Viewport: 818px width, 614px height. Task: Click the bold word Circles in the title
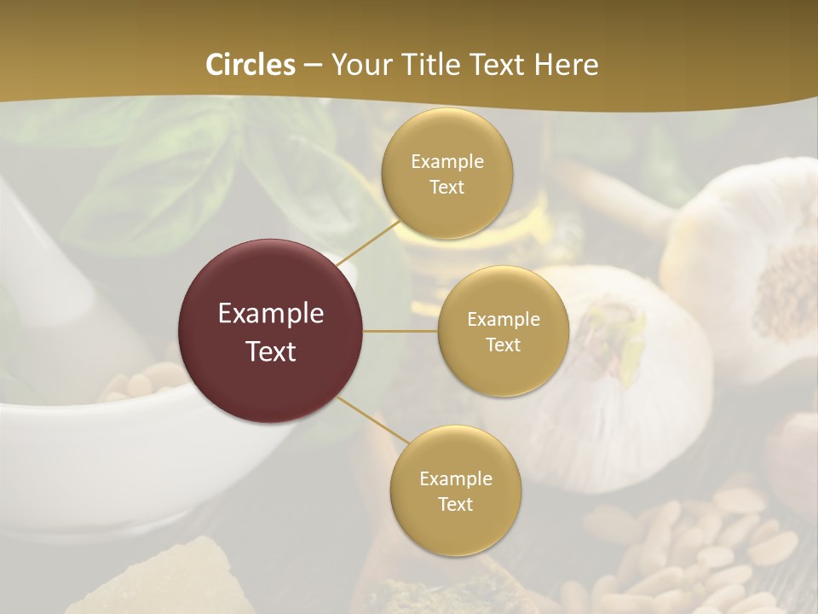tap(251, 65)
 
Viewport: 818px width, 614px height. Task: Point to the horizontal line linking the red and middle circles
tap(400, 331)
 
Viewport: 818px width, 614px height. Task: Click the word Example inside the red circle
tap(271, 314)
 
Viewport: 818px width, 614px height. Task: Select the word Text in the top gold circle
tap(446, 188)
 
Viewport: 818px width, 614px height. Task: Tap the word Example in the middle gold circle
tap(503, 320)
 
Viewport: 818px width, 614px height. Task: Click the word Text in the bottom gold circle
tap(455, 504)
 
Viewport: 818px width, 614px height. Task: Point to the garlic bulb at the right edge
tap(758, 264)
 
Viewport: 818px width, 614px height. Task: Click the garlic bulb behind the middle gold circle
tap(631, 375)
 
